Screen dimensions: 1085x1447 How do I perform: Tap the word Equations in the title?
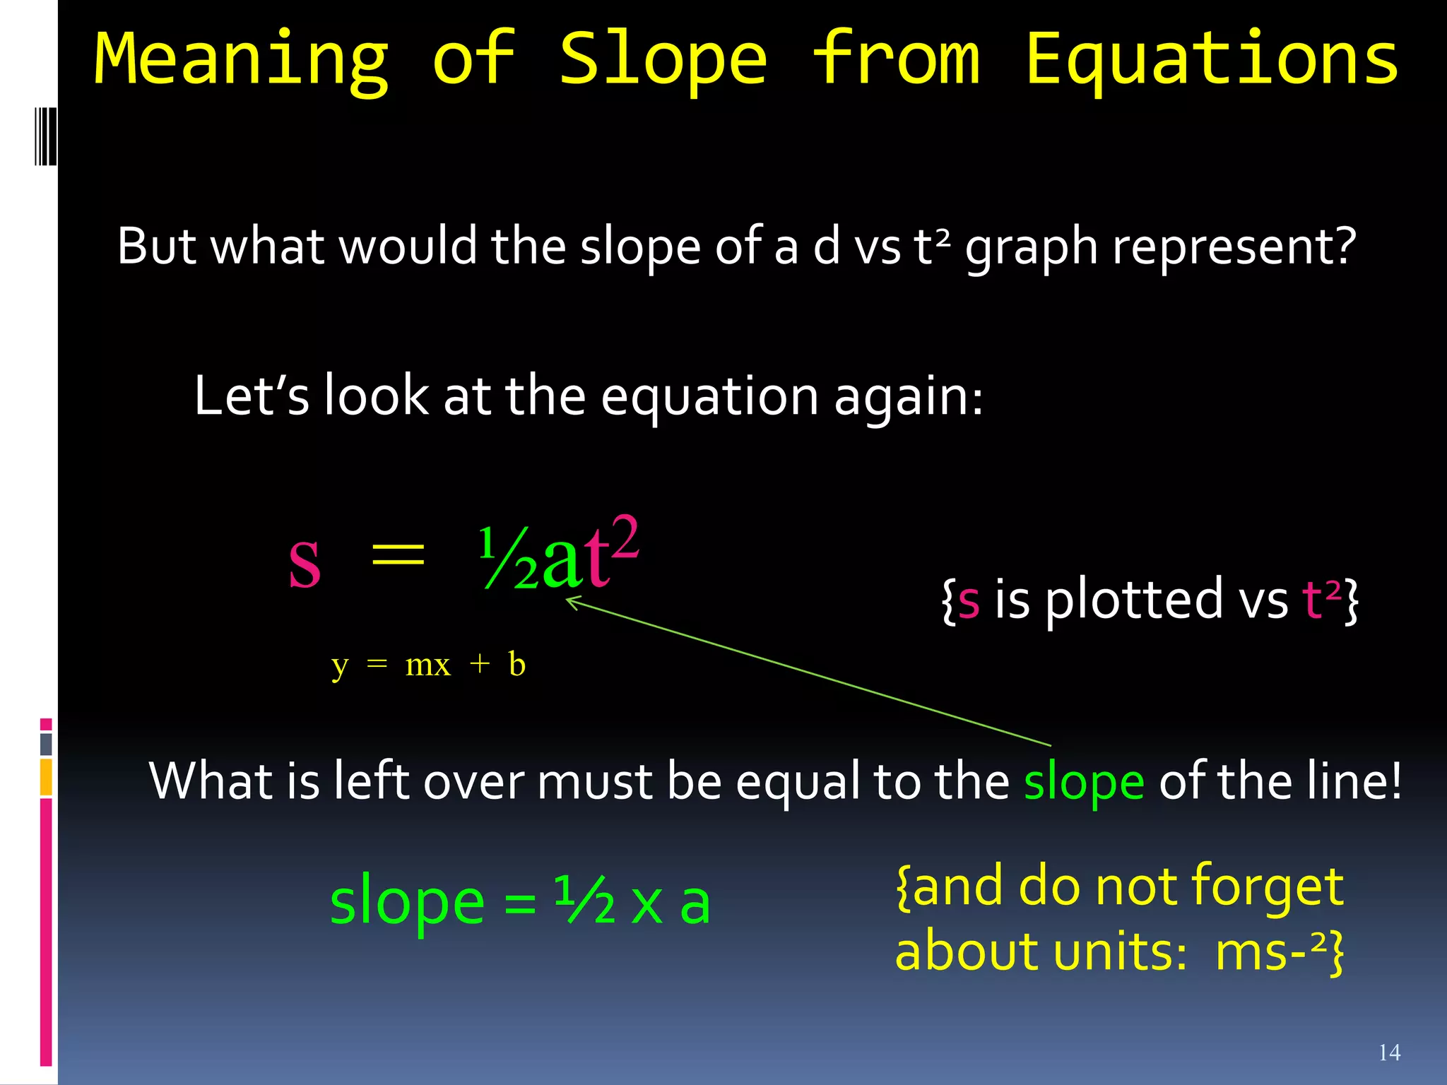[1211, 60]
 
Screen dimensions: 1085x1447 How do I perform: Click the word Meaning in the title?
[241, 60]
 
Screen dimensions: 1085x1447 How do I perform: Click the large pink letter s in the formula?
[305, 562]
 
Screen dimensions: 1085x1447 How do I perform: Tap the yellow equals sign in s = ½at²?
[398, 553]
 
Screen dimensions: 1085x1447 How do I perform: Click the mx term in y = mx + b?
[427, 665]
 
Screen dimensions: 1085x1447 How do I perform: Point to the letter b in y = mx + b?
[516, 665]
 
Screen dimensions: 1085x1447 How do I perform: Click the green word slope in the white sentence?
[1083, 782]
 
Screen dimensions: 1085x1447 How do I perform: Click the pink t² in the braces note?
[1321, 599]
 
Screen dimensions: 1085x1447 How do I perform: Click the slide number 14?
[1389, 1053]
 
